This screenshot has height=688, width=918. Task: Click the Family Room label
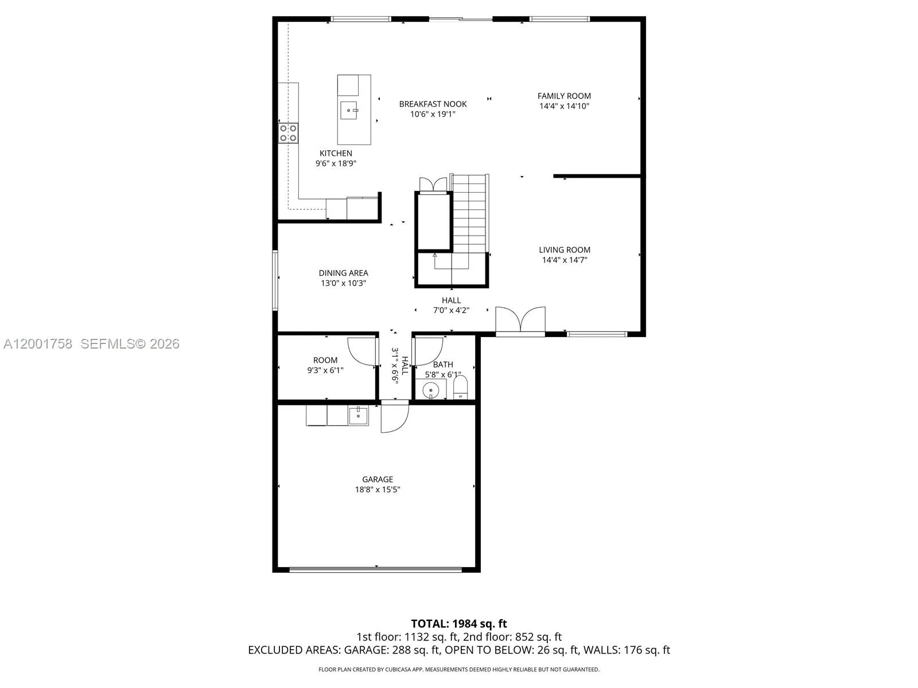point(564,96)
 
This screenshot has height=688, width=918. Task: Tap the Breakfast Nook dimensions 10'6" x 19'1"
point(433,114)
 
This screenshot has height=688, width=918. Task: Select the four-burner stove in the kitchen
point(288,133)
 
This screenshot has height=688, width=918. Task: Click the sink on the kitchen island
point(349,110)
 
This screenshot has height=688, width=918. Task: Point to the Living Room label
point(565,250)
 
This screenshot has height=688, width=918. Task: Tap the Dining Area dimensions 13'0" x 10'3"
point(343,283)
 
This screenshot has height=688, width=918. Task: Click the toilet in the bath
point(461,388)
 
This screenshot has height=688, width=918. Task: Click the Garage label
point(378,479)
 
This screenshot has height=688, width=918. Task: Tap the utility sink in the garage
point(358,415)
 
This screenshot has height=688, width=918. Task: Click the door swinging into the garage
point(394,417)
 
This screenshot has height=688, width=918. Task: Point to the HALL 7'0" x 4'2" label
point(451,305)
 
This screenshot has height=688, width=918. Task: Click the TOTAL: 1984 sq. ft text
point(458,624)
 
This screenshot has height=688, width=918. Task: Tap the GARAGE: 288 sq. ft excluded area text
point(391,650)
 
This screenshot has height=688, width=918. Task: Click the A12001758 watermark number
point(38,344)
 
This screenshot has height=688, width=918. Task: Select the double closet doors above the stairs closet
point(433,185)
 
